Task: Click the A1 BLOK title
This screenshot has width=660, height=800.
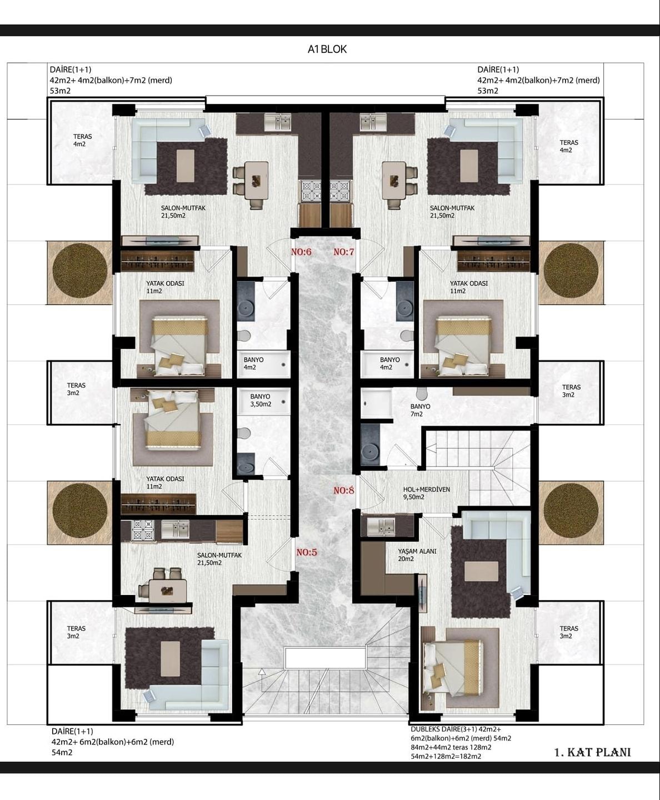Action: tap(327, 49)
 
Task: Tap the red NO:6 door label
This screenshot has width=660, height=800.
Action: tap(302, 252)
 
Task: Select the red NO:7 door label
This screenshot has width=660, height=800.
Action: tap(344, 252)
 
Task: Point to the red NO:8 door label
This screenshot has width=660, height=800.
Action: tap(344, 491)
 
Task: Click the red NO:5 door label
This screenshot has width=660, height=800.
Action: tap(307, 552)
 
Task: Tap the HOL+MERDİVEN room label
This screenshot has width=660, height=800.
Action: tap(427, 489)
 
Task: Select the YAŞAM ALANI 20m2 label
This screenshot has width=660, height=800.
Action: tap(417, 555)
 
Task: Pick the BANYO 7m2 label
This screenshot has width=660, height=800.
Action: tap(420, 410)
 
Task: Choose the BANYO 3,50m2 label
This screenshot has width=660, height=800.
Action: tap(261, 401)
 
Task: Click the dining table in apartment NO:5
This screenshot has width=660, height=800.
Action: tap(167, 591)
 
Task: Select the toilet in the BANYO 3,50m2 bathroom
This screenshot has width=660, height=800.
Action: tap(243, 433)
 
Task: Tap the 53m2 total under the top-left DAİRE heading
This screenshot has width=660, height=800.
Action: tap(60, 91)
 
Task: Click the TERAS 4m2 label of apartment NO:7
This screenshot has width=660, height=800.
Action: tap(568, 146)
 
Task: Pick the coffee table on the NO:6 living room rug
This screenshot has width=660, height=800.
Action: tap(186, 166)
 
